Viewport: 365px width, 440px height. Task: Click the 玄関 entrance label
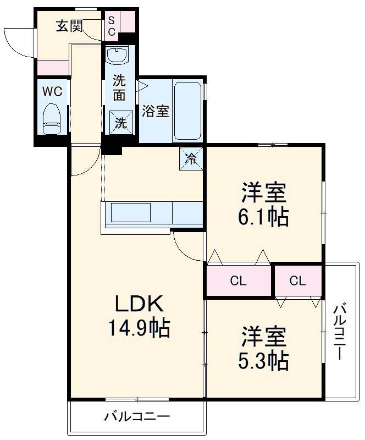pyautogui.click(x=69, y=26)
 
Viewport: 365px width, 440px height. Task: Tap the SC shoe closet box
pyautogui.click(x=111, y=25)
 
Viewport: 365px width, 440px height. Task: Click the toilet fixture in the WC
pyautogui.click(x=52, y=118)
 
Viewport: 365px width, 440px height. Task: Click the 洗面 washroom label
pyautogui.click(x=119, y=87)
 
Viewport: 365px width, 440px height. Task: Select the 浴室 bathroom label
pyautogui.click(x=155, y=111)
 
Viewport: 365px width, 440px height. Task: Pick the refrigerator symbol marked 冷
pyautogui.click(x=191, y=159)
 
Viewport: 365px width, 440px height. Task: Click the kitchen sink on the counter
pyautogui.click(x=131, y=213)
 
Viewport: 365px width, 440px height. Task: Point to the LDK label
pyautogui.click(x=138, y=303)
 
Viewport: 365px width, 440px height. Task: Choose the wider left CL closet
pyautogui.click(x=239, y=281)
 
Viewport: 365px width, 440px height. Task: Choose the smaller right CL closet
pyautogui.click(x=298, y=281)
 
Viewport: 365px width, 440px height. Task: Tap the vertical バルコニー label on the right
pyautogui.click(x=340, y=331)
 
